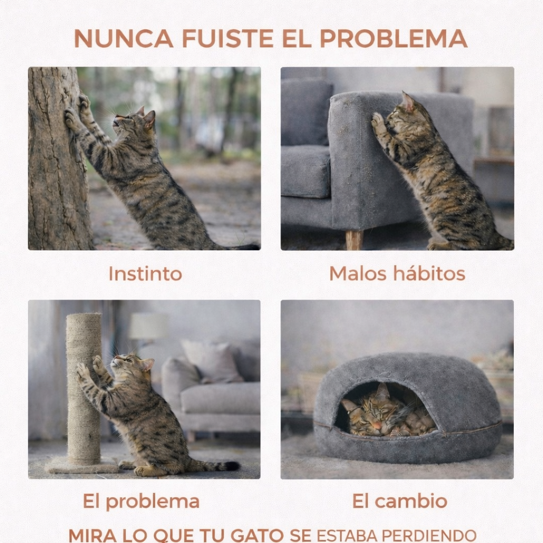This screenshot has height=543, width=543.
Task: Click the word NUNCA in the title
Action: click(x=124, y=38)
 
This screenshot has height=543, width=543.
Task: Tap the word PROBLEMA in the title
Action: click(x=393, y=38)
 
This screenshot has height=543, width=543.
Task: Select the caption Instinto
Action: click(x=145, y=274)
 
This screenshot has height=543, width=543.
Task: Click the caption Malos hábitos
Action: click(x=397, y=274)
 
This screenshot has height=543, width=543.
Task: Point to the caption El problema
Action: click(x=141, y=502)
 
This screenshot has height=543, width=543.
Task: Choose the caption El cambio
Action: click(x=400, y=501)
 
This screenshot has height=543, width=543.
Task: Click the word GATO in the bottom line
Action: click(x=257, y=536)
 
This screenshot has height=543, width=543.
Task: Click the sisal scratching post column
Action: click(x=84, y=388)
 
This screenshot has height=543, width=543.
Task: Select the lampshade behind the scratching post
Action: click(x=149, y=326)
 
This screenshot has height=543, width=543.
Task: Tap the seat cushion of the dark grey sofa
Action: click(x=305, y=171)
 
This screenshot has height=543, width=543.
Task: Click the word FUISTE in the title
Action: click(x=228, y=38)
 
